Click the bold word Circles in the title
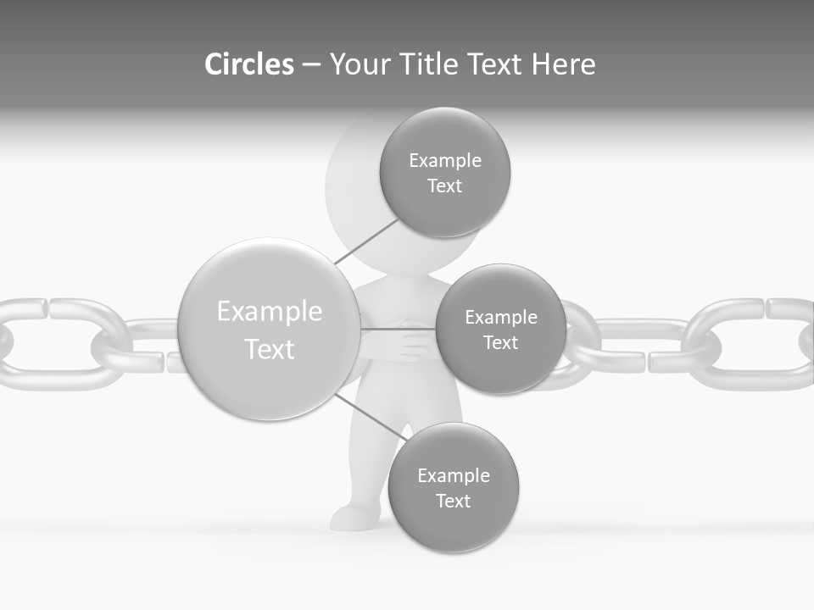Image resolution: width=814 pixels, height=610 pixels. pyautogui.click(x=248, y=64)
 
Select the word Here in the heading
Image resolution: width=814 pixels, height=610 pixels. pyautogui.click(x=563, y=64)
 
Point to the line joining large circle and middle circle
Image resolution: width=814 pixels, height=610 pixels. pyautogui.click(x=398, y=329)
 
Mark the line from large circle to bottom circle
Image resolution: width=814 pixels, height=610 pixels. pyautogui.click(x=369, y=415)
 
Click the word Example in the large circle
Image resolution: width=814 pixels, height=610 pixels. pyautogui.click(x=270, y=312)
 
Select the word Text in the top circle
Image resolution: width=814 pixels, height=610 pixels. pyautogui.click(x=444, y=186)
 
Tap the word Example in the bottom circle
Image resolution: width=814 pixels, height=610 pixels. pyautogui.click(x=454, y=476)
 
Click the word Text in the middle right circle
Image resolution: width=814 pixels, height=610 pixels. pyautogui.click(x=500, y=343)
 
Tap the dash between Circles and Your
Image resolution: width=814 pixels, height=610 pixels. pyautogui.click(x=311, y=64)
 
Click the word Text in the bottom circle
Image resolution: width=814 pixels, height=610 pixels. pyautogui.click(x=453, y=502)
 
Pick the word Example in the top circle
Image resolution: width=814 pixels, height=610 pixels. pyautogui.click(x=445, y=161)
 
